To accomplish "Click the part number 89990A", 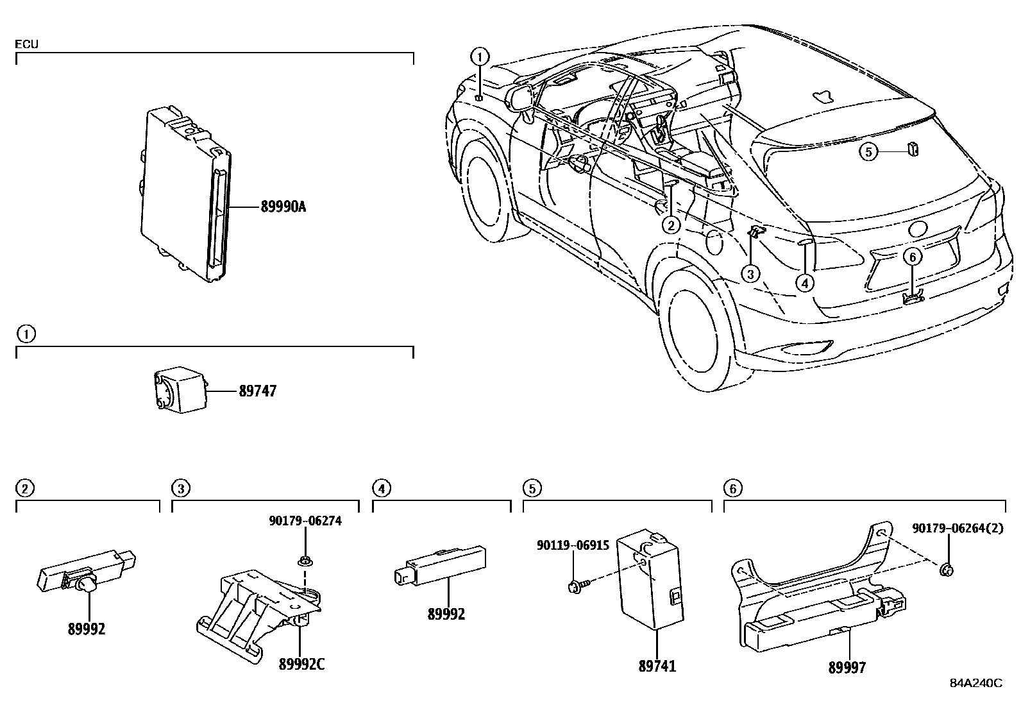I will pos(283,207).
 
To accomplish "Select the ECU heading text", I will pos(26,44).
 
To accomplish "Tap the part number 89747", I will pos(257,391).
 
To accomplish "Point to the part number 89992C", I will pos(301,664).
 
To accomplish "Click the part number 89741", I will pos(657,667).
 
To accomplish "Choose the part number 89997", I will pos(847,668).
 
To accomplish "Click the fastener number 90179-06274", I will pos(305,521).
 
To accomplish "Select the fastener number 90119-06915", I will pos(573,545).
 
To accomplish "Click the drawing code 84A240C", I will pos(975,683).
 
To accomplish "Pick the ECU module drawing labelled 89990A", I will pos(186,192).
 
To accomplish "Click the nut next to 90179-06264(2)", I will pos(947,569).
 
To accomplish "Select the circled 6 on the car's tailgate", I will pos(913,257).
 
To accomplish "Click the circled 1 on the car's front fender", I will pos(480,56).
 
